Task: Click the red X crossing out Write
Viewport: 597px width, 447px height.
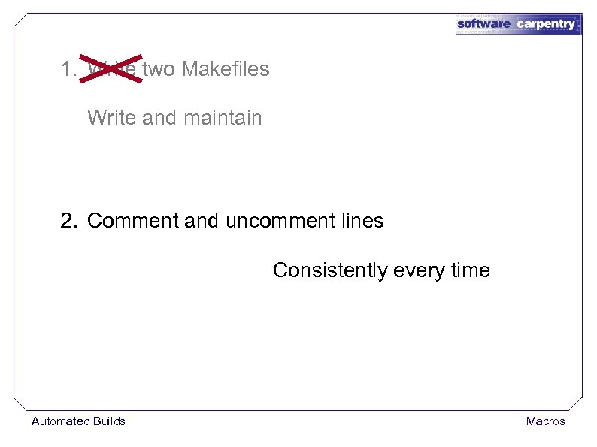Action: [x=112, y=68]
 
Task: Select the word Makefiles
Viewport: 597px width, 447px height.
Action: [x=225, y=69]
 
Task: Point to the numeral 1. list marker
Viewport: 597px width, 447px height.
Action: [x=68, y=69]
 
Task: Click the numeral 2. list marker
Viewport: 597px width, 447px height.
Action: [x=69, y=221]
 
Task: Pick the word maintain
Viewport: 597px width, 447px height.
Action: [x=223, y=118]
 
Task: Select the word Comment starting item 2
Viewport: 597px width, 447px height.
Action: [x=132, y=221]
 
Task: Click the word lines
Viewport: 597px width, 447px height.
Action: [x=362, y=221]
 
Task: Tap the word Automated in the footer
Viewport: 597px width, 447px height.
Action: [x=60, y=421]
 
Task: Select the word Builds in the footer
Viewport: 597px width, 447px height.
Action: [x=109, y=421]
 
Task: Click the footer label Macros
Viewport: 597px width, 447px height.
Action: [x=545, y=421]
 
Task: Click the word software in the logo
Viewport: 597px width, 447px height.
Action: [x=483, y=24]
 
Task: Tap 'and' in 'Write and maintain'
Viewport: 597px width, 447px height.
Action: [x=159, y=118]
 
